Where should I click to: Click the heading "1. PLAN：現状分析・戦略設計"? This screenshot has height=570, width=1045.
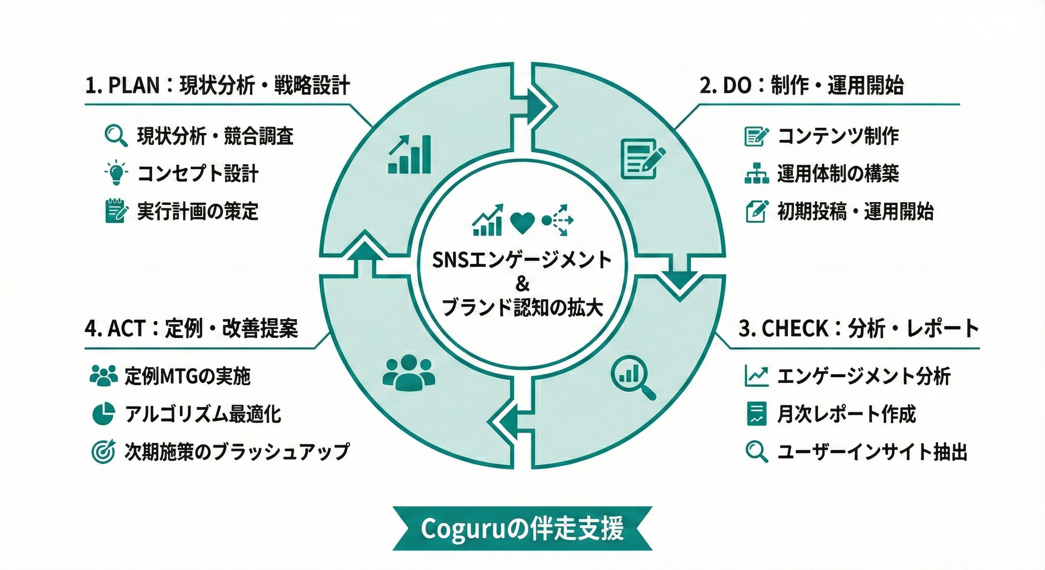tap(217, 86)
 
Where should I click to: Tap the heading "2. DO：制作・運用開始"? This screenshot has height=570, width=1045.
tap(802, 86)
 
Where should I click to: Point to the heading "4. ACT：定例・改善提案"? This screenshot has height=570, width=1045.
tap(191, 329)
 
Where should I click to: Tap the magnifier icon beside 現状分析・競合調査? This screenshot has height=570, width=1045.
tap(116, 136)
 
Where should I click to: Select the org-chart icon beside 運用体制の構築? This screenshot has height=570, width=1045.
tap(757, 173)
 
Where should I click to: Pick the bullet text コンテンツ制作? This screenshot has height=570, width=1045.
tap(838, 136)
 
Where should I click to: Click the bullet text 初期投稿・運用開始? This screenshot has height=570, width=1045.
tap(855, 212)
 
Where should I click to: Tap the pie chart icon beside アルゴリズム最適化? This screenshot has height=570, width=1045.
tap(103, 414)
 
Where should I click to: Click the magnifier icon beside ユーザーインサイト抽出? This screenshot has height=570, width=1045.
tap(757, 452)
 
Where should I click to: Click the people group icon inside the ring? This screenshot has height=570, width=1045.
tap(409, 373)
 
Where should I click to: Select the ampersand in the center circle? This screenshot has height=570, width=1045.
tap(522, 284)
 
